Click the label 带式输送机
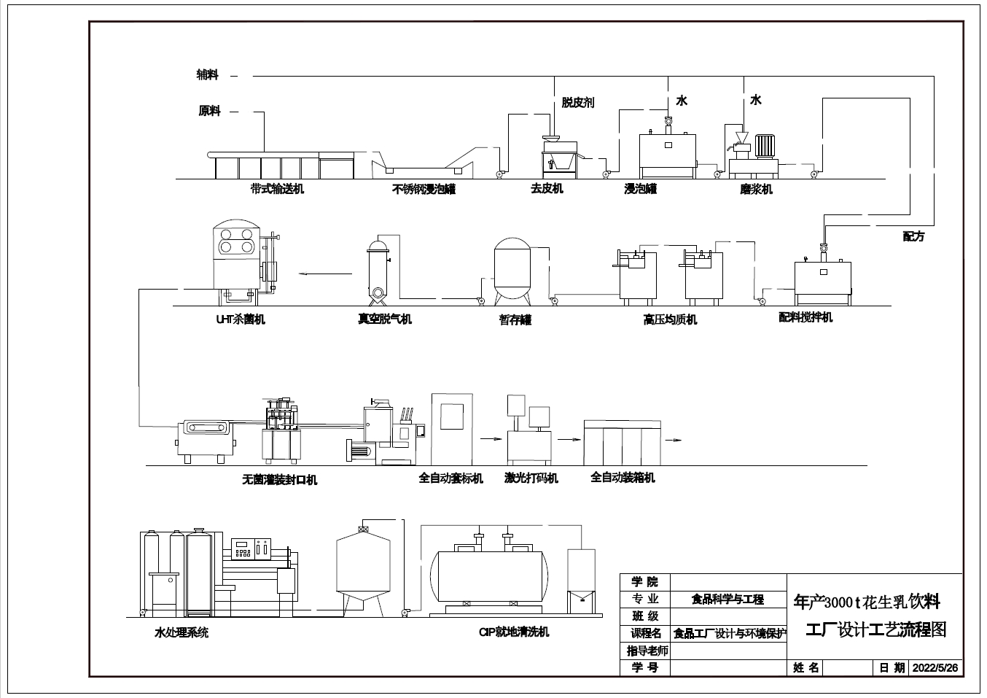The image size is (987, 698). (277, 189)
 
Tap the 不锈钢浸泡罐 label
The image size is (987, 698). (424, 189)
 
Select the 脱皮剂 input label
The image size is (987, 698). (577, 103)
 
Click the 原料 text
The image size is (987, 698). (209, 111)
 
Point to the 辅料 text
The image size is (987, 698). (208, 74)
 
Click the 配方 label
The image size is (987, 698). (913, 236)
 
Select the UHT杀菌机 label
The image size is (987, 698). (241, 319)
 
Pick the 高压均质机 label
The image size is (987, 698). (670, 319)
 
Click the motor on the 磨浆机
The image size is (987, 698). (765, 146)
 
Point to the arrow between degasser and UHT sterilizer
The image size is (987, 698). (325, 274)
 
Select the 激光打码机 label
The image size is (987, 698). (531, 478)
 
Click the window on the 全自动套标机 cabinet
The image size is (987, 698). (452, 416)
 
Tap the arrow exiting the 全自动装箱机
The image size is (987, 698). (674, 440)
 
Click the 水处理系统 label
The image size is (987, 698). (181, 633)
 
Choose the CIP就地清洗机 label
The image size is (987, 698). (514, 632)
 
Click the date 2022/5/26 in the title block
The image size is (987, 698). (935, 667)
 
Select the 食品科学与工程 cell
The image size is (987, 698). (727, 600)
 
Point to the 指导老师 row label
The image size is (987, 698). (647, 651)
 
